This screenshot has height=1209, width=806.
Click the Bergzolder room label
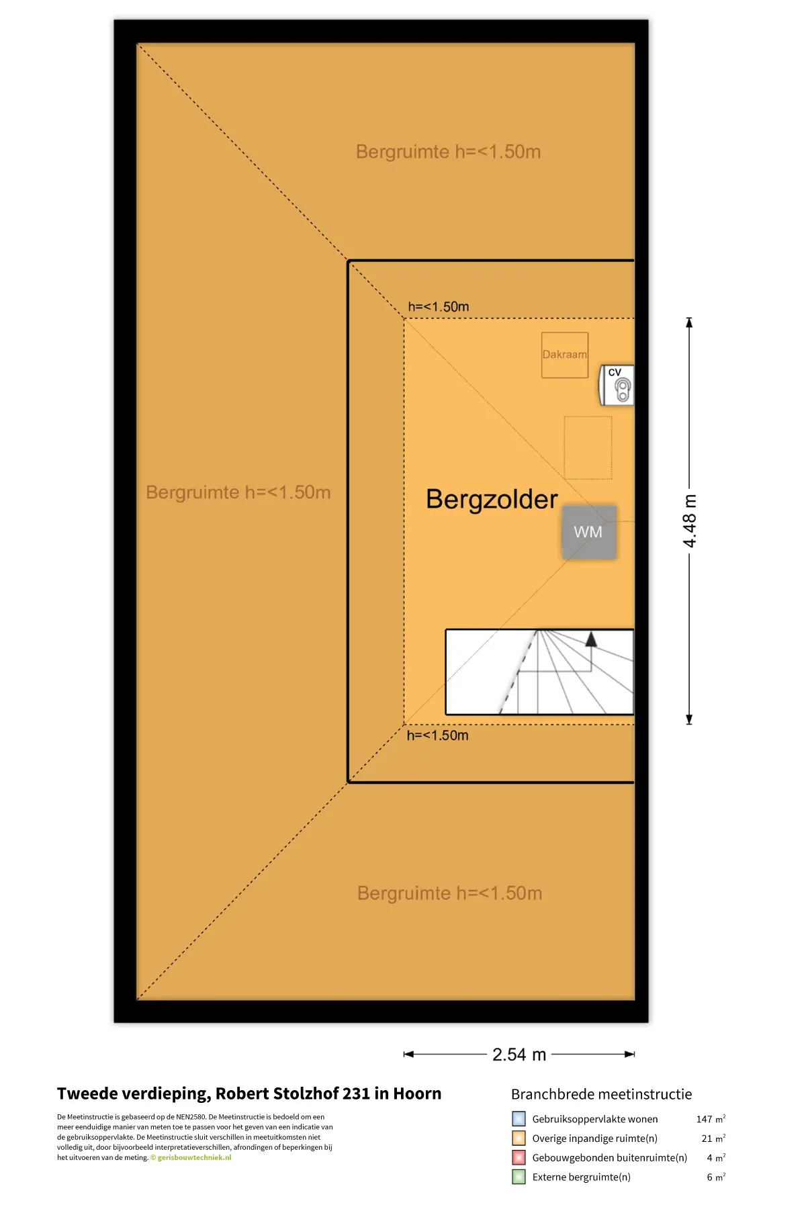click(492, 500)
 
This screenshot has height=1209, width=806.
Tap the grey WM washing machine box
click(589, 532)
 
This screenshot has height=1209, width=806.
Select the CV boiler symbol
click(617, 386)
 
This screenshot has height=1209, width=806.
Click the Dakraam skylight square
click(565, 355)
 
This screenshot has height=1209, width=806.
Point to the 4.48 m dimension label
click(690, 521)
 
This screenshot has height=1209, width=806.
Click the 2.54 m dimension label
click(519, 1055)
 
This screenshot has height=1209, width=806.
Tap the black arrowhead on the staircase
click(591, 639)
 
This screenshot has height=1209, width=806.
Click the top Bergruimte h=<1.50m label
click(448, 152)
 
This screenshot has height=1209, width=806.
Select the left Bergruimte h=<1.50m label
click(238, 492)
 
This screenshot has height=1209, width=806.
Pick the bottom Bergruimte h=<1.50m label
click(449, 893)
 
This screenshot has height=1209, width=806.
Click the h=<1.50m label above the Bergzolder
click(439, 307)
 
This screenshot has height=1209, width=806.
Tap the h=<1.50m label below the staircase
click(437, 735)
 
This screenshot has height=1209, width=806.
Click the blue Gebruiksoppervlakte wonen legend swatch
click(519, 1119)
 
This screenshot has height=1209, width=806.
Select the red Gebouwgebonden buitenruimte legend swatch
click(519, 1157)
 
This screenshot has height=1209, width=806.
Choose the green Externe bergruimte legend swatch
click(519, 1177)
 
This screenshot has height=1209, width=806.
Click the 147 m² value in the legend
click(711, 1119)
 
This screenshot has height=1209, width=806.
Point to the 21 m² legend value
click(713, 1138)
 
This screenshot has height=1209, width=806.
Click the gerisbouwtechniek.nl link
click(194, 1157)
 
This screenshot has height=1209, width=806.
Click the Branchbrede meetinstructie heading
click(601, 1094)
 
